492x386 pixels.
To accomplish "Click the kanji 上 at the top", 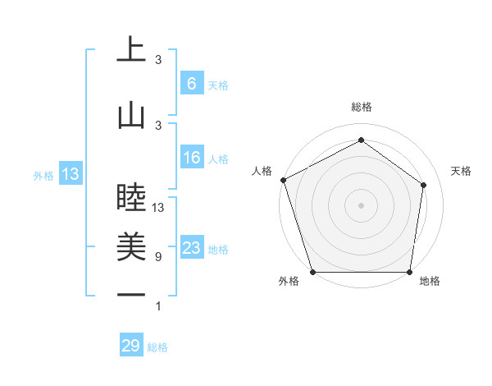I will click(130, 51).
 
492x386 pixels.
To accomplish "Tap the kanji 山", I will click(130, 116).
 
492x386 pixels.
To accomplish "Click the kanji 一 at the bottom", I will click(130, 295).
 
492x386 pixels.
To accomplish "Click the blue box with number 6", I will click(191, 83).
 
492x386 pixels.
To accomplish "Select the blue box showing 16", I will click(191, 158).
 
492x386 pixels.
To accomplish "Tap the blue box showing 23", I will click(191, 248).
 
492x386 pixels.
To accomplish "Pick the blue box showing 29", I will click(131, 346).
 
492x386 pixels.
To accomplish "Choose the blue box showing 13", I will click(70, 173).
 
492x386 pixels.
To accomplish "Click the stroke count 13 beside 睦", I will click(158, 208).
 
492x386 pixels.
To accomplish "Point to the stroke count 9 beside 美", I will click(157, 256).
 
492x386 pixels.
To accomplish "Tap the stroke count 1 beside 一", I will click(158, 306).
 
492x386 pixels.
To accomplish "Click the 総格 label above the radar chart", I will click(362, 107).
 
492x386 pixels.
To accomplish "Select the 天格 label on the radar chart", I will click(462, 171).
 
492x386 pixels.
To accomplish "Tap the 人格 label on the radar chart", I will click(262, 171).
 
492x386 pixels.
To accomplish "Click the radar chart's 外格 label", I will click(288, 282).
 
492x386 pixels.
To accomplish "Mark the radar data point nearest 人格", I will click(283, 180).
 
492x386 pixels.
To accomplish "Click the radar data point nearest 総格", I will click(361, 140).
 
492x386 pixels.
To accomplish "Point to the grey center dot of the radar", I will click(361, 205).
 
